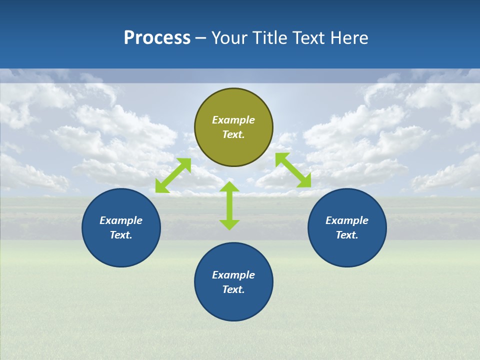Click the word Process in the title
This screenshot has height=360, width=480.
coord(157,38)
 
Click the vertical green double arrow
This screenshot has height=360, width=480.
coord(229,205)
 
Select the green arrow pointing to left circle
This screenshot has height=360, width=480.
coord(173,175)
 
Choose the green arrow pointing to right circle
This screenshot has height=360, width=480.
coord(293,170)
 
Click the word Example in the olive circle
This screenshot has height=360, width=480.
coord(233,120)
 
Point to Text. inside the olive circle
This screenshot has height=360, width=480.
coord(233,134)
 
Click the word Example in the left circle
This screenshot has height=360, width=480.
coord(121,220)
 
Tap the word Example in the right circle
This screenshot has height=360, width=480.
coord(347,220)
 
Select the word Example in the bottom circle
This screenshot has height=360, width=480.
coord(233,275)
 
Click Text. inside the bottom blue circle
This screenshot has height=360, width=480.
coord(233,289)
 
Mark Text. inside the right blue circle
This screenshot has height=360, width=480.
coord(347,235)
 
